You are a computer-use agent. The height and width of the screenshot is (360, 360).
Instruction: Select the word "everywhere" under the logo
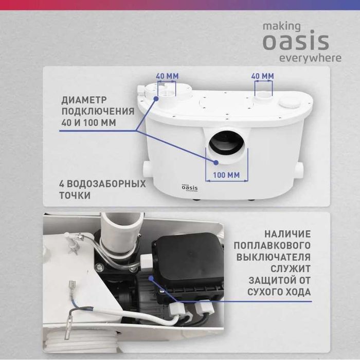coord(310,58)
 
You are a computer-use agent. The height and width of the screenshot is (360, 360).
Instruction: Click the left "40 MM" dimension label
coord(167,76)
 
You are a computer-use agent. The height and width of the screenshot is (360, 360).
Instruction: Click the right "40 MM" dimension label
coord(263,76)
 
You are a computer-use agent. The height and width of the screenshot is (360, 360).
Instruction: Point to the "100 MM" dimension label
coord(226,175)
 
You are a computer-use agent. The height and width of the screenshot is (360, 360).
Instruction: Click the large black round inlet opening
coord(226,142)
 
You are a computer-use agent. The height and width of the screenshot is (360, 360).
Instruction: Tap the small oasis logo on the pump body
coord(190,188)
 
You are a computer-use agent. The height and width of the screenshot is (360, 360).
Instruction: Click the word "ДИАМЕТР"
coord(84,100)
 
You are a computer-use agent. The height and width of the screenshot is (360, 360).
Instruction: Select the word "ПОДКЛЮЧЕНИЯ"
coord(98,112)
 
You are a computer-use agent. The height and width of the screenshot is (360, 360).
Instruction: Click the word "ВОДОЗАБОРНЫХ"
coord(106,184)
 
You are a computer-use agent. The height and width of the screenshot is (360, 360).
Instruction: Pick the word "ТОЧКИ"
coord(75,195)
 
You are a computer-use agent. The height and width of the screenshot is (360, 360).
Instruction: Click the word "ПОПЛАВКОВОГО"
coord(272,245)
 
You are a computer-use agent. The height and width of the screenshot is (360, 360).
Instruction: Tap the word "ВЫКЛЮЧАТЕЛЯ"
coord(274,257)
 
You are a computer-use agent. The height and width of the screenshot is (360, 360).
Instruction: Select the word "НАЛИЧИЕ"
coord(287,234)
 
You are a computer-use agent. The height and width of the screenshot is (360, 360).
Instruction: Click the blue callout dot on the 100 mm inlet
coord(216,163)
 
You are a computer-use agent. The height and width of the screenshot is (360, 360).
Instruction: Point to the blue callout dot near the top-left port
coord(156,99)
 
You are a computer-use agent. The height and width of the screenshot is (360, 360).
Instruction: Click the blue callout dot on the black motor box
coord(151,279)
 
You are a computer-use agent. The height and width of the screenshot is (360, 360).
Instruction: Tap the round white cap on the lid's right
coord(290,103)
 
